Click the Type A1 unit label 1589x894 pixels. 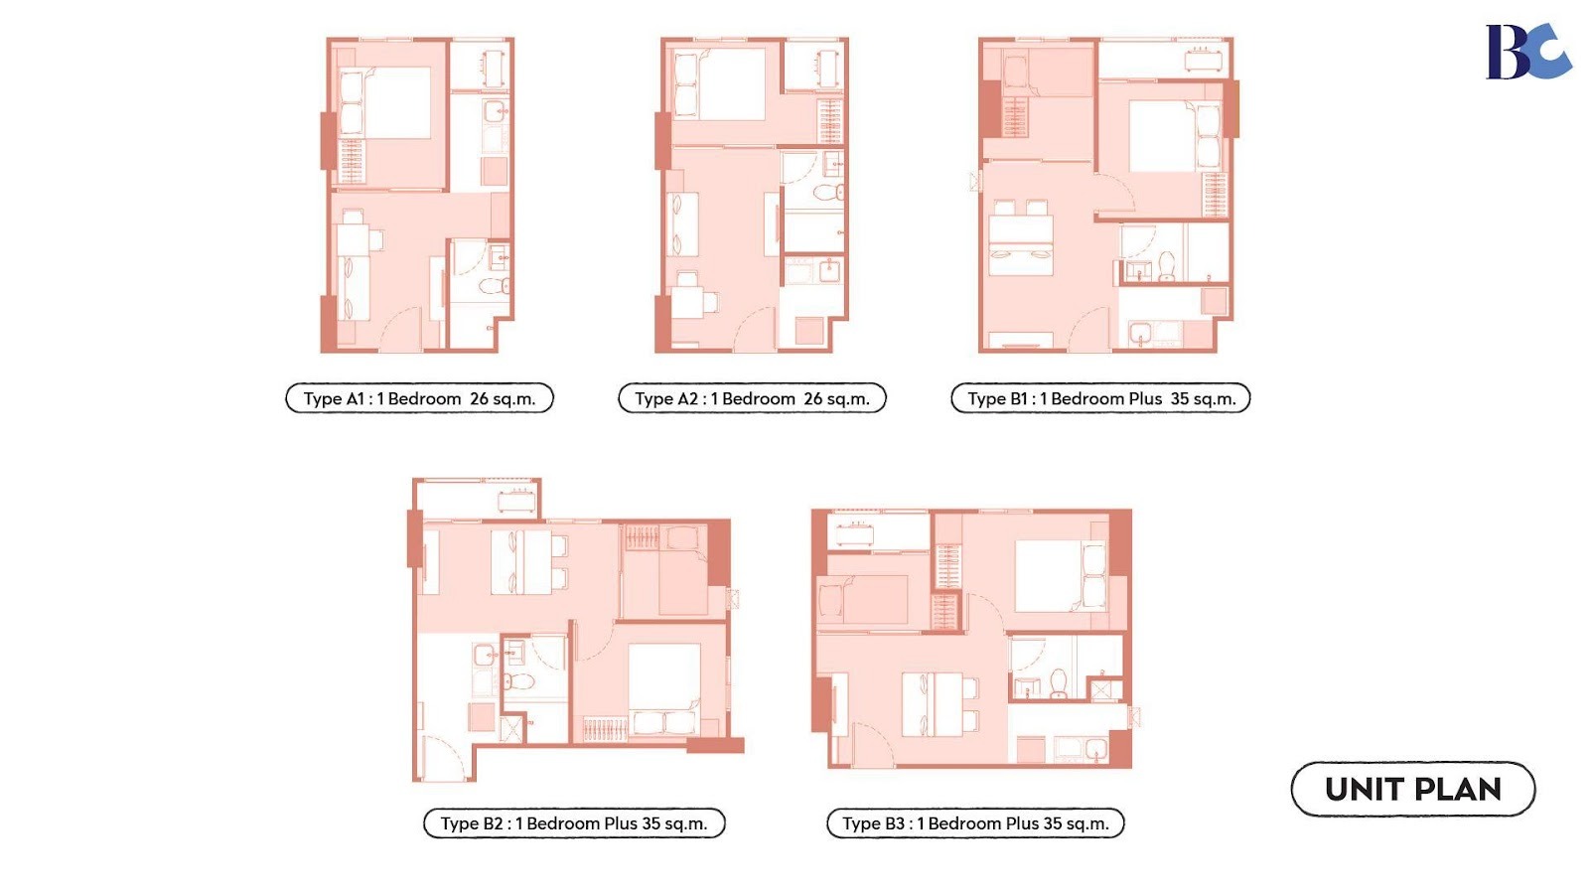(419, 398)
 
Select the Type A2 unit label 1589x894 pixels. (752, 398)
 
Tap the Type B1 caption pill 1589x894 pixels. (1100, 398)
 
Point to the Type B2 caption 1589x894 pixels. (574, 823)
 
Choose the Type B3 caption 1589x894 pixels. (975, 823)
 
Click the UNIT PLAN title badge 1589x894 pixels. (1413, 789)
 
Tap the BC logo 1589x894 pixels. (1527, 51)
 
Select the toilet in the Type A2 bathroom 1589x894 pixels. (828, 192)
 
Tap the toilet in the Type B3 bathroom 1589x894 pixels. (1059, 684)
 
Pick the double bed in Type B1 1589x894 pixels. (1175, 136)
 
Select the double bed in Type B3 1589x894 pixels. (1060, 576)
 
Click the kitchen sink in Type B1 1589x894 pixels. (1141, 332)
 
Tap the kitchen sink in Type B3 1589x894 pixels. (1095, 749)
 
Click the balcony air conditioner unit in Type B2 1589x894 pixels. (515, 501)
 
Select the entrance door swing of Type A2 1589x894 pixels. (754, 327)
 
